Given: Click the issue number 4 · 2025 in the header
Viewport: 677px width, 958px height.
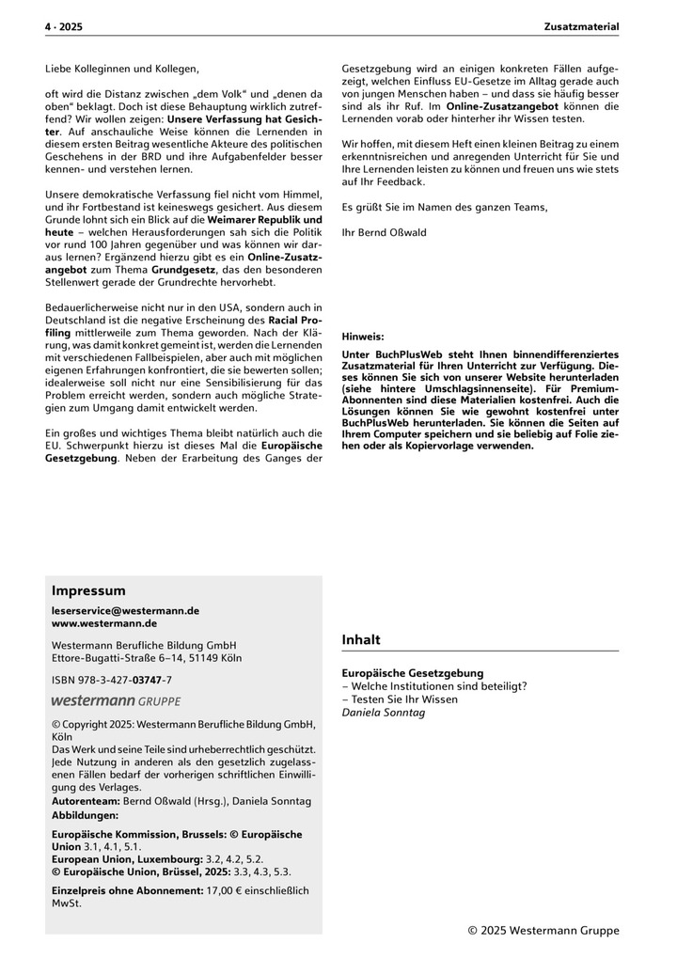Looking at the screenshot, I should (63, 27).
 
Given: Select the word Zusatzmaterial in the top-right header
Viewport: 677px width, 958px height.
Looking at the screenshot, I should (581, 27).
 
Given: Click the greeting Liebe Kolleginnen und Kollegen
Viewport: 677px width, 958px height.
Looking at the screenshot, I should (122, 69).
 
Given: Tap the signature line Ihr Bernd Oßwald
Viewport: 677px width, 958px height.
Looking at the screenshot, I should (384, 231).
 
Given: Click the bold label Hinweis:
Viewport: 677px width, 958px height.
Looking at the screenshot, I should (363, 336).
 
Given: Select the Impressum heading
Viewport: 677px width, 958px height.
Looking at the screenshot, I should (88, 591).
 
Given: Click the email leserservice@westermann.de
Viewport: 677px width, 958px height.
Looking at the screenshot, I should (125, 610).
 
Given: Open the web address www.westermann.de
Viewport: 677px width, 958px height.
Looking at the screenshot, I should (104, 623).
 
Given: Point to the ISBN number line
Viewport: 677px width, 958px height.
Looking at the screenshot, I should (112, 679).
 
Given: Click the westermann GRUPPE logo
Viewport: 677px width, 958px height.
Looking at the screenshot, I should (116, 701).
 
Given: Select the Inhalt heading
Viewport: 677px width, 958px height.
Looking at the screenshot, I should (361, 640).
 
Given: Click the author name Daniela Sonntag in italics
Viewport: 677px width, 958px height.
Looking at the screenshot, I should (384, 713).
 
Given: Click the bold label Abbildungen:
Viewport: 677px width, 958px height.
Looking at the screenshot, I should (85, 815).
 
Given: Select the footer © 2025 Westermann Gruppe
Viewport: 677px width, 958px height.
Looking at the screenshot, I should (543, 931).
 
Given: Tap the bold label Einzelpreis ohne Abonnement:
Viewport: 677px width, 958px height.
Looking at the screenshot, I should (127, 890).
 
